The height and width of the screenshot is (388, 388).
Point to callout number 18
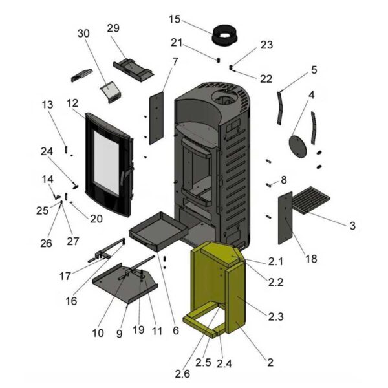click(x=311, y=259)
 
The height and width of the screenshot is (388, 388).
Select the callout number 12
click(x=72, y=103)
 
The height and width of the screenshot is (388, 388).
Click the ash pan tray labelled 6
click(x=155, y=230)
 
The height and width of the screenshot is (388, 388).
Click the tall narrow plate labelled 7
click(x=155, y=117)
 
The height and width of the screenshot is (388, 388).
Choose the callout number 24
click(x=46, y=152)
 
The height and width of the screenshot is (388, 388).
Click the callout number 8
click(x=283, y=179)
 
